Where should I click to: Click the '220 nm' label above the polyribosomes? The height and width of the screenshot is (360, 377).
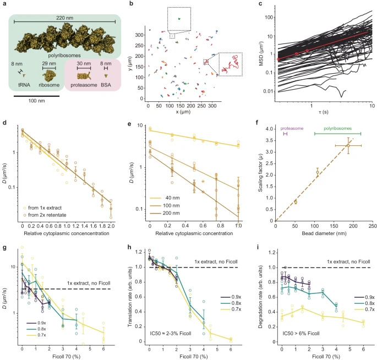tap(64, 17)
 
